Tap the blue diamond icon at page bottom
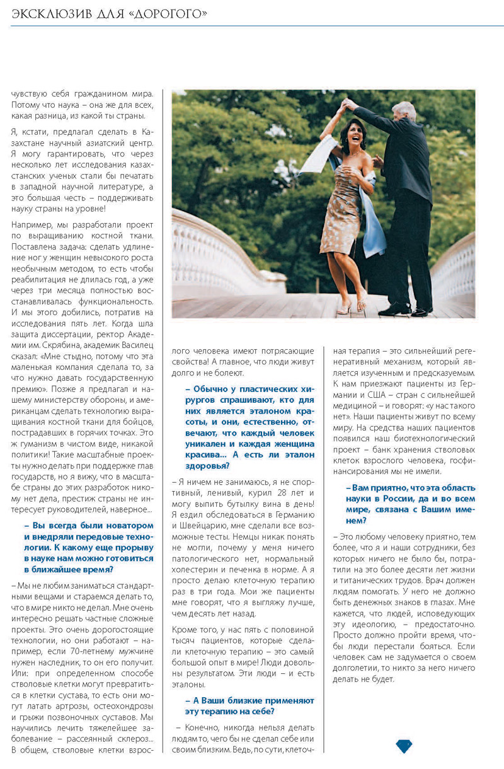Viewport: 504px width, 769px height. pos(403,746)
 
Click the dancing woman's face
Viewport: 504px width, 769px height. pos(348,136)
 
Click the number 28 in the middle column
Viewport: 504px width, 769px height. pos(284,491)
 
